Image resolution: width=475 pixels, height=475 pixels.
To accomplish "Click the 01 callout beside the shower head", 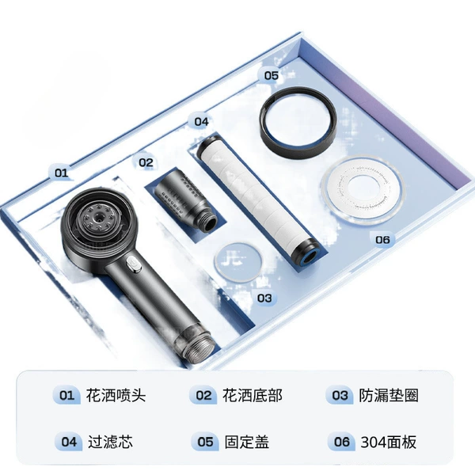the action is click(61, 173).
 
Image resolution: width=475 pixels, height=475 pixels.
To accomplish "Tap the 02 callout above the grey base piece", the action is click(146, 162).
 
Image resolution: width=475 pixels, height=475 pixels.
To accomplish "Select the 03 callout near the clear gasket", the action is click(264, 298).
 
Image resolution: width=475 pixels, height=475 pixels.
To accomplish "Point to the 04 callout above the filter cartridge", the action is click(201, 121).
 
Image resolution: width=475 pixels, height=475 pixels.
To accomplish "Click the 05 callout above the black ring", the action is click(271, 75).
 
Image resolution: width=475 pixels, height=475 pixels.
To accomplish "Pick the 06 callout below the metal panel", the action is click(382, 240).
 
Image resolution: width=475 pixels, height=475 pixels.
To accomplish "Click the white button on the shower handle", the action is click(134, 264).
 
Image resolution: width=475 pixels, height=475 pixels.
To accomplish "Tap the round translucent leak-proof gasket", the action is click(237, 262).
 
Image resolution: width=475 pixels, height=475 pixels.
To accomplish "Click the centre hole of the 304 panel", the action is click(363, 190).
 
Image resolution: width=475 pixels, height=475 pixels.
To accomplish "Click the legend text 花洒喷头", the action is click(116, 396).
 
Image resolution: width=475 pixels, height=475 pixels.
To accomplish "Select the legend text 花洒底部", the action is click(252, 396).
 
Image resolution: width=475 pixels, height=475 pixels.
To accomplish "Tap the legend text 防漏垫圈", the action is click(389, 396).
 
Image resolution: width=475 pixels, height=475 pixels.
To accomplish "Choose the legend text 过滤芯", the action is click(110, 442).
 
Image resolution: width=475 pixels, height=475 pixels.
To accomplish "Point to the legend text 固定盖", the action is click(246, 442).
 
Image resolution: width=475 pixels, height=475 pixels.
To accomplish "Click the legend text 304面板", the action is click(389, 442).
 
